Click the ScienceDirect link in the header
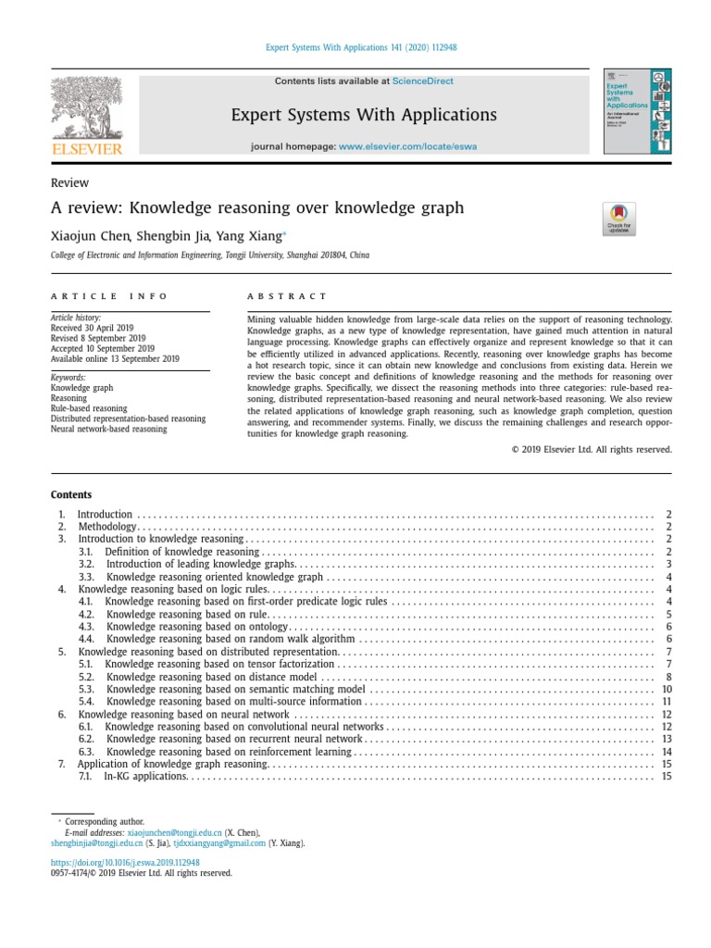coord(422,81)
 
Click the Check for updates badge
coord(618,219)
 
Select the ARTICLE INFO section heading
coord(109,296)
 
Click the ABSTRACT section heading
coord(287,296)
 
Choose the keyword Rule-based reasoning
coord(88,408)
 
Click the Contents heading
coord(70,494)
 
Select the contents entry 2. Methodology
coord(107,526)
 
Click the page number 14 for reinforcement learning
coord(666,752)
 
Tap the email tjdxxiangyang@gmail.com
coord(219,843)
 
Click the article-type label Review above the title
coord(69,183)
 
